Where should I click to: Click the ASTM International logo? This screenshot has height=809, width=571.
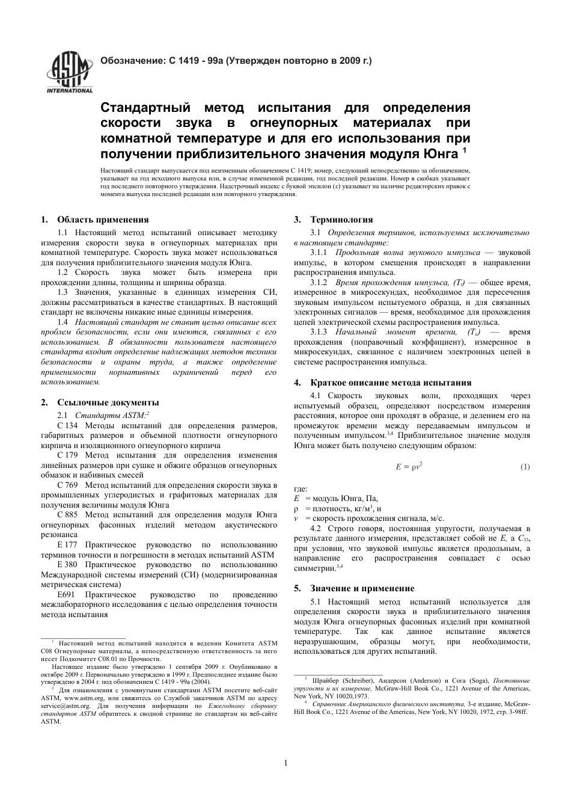pyautogui.click(x=70, y=73)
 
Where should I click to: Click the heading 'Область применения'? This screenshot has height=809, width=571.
pyautogui.click(x=103, y=220)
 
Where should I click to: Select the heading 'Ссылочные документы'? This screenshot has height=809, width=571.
pyautogui.click(x=108, y=402)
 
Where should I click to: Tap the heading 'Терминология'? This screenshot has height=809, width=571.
pyautogui.click(x=341, y=220)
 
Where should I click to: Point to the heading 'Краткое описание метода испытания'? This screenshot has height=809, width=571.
pyautogui.click(x=391, y=383)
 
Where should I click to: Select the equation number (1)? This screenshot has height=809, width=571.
pyautogui.click(x=525, y=467)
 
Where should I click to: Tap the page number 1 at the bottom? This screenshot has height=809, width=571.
pyautogui.click(x=285, y=764)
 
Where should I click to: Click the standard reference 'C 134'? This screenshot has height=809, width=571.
pyautogui.click(x=68, y=426)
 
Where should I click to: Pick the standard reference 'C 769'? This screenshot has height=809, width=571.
pyautogui.click(x=68, y=485)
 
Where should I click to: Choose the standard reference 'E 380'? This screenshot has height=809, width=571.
pyautogui.click(x=67, y=564)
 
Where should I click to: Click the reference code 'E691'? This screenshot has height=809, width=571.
pyautogui.click(x=66, y=594)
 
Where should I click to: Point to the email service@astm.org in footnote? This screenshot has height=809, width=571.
pyautogui.click(x=57, y=706)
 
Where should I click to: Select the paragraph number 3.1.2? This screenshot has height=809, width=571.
pyautogui.click(x=319, y=282)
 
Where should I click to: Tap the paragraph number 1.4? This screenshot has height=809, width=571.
pyautogui.click(x=63, y=322)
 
